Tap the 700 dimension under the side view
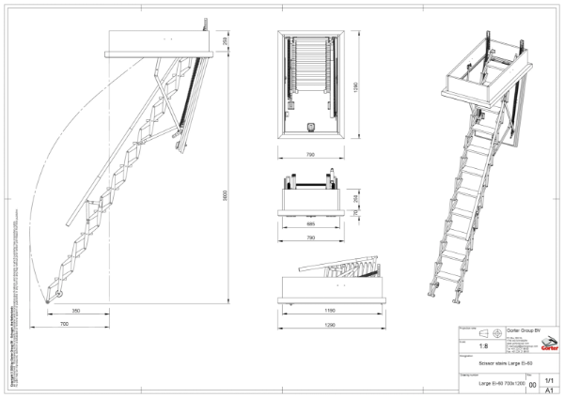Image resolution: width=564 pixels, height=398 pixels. point(63,323)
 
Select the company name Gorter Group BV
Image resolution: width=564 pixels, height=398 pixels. point(524,329)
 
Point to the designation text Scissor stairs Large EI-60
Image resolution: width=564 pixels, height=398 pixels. point(505,362)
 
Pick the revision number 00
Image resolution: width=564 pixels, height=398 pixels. point(533,385)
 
